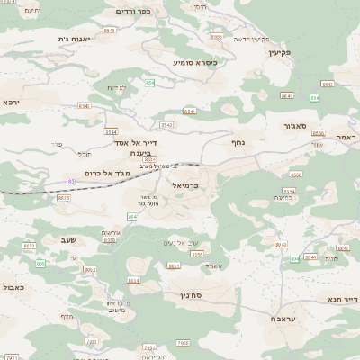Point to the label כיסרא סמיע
click(x=195, y=62)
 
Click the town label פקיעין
click(x=274, y=53)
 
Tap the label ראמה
click(x=346, y=136)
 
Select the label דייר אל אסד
click(x=136, y=142)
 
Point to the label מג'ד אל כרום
click(x=103, y=172)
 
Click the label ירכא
click(x=10, y=102)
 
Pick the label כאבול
click(x=12, y=286)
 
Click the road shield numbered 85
click(x=71, y=181)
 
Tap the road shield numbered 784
click(x=132, y=216)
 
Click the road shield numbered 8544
click(x=112, y=131)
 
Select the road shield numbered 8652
click(x=89, y=269)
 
